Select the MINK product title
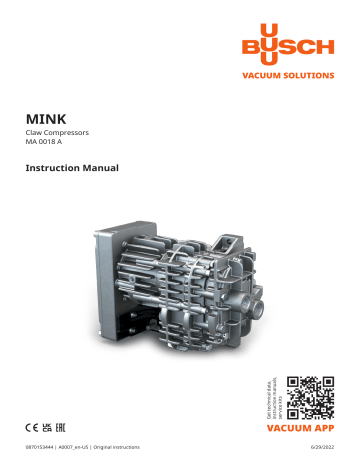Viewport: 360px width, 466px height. click(45, 116)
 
